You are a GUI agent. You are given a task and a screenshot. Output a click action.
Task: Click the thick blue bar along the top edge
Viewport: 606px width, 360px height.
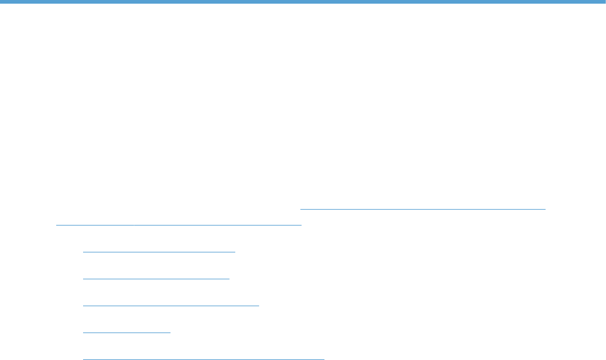(x=303, y=2)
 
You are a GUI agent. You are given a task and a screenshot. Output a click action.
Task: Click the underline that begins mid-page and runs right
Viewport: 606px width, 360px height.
(x=423, y=208)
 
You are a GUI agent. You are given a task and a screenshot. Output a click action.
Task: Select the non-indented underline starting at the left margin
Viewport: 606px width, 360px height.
(x=178, y=224)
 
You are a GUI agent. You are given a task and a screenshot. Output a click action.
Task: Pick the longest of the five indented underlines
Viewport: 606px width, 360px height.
(x=203, y=359)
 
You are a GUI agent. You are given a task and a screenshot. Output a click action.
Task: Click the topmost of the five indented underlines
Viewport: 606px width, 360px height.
(x=159, y=251)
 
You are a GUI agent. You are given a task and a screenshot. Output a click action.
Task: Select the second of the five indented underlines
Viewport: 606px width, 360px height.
(x=156, y=278)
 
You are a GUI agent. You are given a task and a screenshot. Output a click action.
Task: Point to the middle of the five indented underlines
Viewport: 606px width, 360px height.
(x=170, y=305)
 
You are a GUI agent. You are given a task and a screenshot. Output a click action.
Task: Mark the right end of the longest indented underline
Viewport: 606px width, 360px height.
(x=324, y=359)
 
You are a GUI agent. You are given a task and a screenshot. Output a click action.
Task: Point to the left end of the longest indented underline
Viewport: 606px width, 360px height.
(x=83, y=359)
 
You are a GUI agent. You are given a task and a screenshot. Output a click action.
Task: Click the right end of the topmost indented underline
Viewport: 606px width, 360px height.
(x=235, y=251)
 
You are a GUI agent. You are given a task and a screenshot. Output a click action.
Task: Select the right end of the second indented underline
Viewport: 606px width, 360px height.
(x=229, y=278)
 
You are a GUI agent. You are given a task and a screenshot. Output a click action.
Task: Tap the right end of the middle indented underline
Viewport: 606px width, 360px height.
(x=259, y=305)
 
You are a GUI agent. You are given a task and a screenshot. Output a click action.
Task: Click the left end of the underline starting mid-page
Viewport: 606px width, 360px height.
(x=301, y=208)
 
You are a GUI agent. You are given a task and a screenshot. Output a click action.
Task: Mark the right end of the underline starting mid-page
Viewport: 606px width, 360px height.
(x=545, y=208)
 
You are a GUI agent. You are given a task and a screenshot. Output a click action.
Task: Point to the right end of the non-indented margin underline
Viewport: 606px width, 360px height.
(x=302, y=224)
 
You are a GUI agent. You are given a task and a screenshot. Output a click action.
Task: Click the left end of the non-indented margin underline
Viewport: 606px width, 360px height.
(x=56, y=224)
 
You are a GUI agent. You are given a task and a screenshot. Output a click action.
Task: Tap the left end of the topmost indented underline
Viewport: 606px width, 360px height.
(x=83, y=251)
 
